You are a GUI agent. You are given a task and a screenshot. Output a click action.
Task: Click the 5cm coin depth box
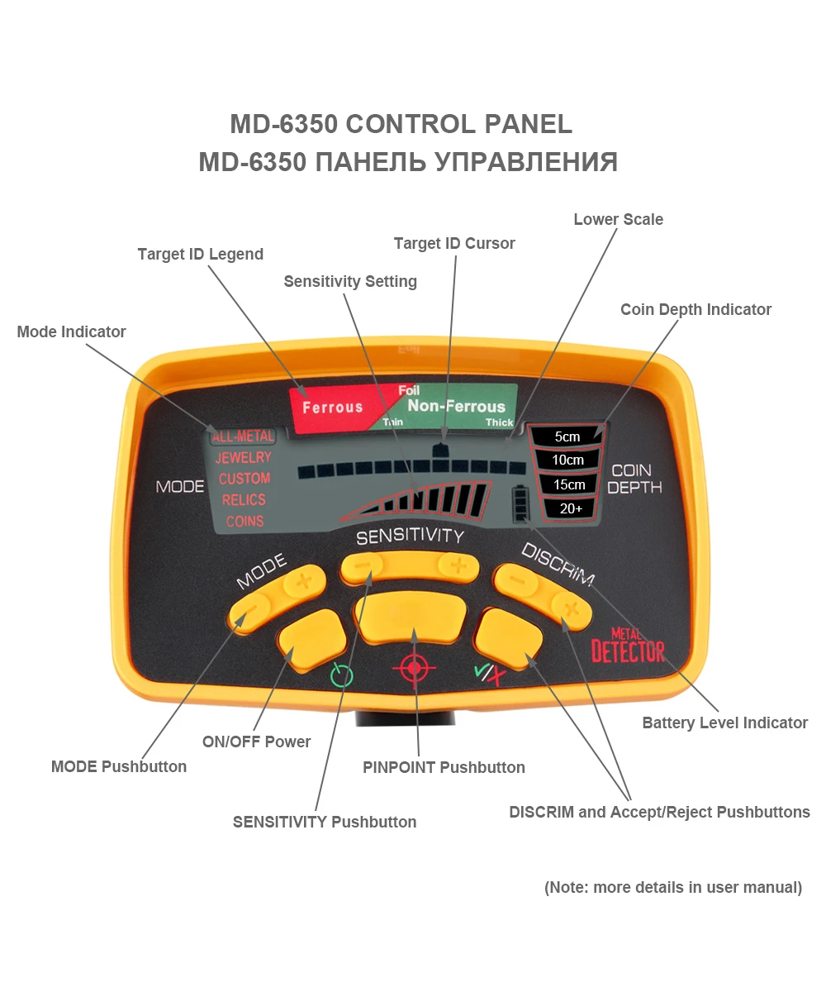tap(567, 436)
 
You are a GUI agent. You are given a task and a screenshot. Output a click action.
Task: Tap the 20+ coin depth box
tap(571, 508)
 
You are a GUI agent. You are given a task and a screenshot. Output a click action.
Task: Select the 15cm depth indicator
tap(569, 484)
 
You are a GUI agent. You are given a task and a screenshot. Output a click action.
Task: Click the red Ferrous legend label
tap(332, 407)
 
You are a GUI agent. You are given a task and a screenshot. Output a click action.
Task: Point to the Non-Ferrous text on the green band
tap(456, 406)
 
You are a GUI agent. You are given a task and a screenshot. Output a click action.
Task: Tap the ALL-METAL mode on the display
tap(242, 436)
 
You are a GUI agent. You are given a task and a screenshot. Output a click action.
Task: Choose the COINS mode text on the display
tap(244, 521)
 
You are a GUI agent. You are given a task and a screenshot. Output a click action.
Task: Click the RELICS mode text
tap(244, 499)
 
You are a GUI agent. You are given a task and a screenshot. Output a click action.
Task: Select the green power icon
tap(341, 675)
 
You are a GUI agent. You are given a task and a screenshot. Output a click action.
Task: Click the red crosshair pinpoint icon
tap(415, 667)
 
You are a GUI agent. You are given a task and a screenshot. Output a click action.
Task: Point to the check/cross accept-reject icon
tap(490, 674)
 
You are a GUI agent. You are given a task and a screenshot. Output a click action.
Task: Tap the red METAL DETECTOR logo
tap(628, 646)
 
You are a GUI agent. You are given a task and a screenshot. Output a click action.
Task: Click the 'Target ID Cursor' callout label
tap(454, 243)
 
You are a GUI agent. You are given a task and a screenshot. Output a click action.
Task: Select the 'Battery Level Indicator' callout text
tap(724, 723)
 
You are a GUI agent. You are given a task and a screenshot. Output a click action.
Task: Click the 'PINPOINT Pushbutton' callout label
tap(444, 767)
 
